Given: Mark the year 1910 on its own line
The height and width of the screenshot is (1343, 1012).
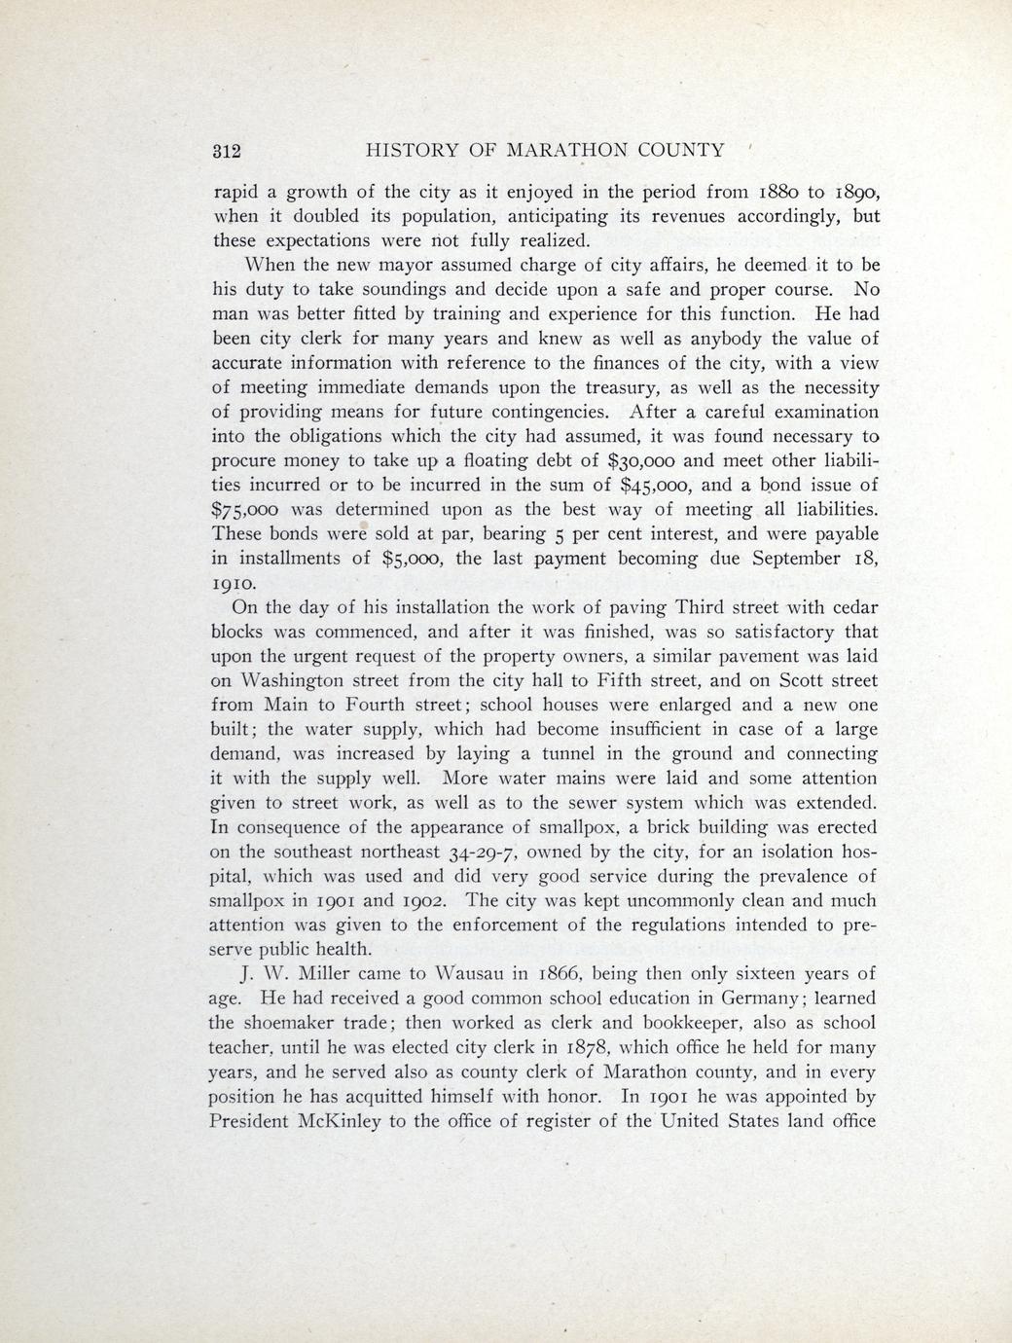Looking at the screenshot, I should pyautogui.click(x=235, y=584).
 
